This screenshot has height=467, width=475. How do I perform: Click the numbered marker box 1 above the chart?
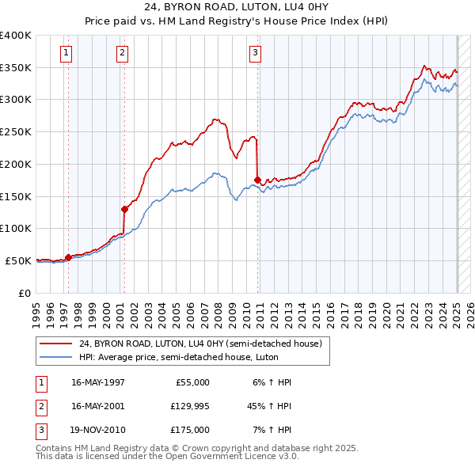[65, 54]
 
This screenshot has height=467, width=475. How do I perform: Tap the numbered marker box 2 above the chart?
[123, 54]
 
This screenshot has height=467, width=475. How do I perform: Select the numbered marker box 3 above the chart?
[256, 54]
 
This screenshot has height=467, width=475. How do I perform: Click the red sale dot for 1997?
[68, 257]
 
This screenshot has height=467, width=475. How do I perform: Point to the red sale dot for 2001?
[124, 209]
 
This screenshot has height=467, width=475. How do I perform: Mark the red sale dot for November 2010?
[258, 180]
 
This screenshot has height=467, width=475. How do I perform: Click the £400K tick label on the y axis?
[16, 36]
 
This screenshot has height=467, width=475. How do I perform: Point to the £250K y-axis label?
[16, 132]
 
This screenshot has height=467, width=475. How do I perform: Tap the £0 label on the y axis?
[25, 293]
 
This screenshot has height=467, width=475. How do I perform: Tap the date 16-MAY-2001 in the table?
[98, 406]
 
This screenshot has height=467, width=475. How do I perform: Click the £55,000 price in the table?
[191, 382]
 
